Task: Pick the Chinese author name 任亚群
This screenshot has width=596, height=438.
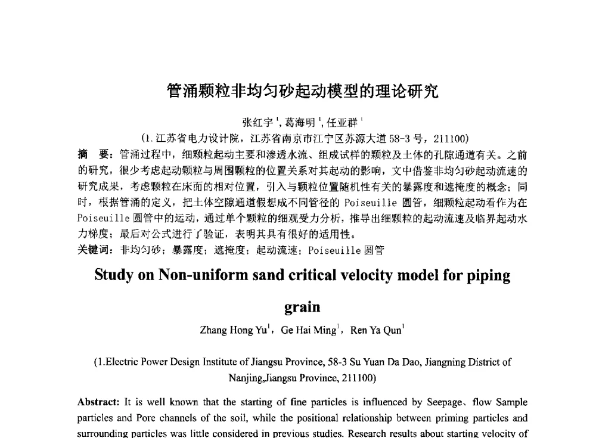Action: pos(345,123)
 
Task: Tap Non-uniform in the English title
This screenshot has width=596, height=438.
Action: pos(195,276)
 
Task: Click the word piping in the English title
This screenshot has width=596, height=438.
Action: pos(489,276)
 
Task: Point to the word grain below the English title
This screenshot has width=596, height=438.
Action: pos(302,307)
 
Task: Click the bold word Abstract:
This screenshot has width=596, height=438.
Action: pos(99,402)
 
